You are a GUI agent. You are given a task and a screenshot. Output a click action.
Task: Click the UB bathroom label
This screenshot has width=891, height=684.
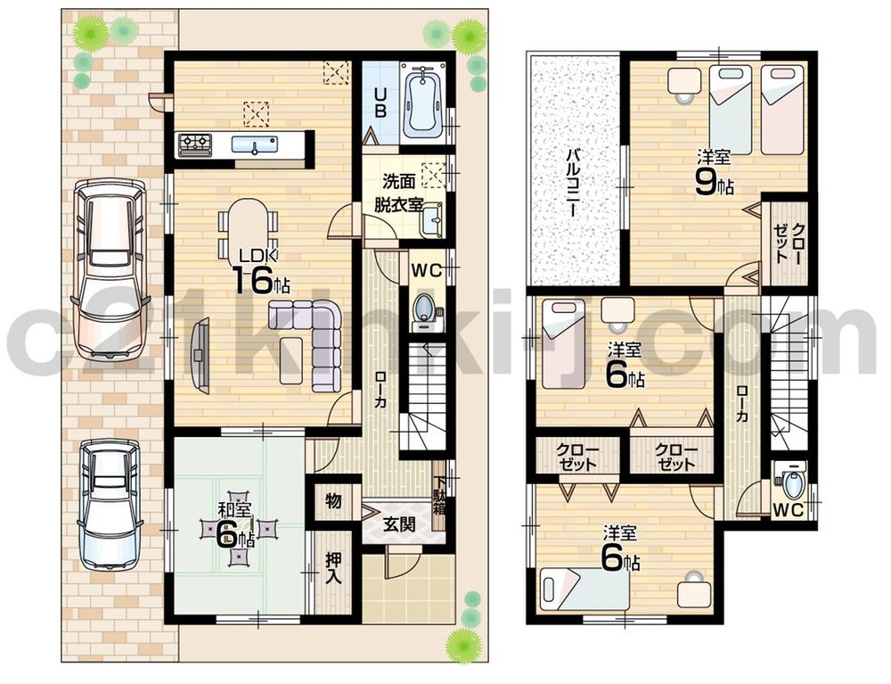click(380, 96)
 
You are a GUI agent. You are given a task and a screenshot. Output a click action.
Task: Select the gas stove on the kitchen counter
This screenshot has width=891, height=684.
click(195, 144)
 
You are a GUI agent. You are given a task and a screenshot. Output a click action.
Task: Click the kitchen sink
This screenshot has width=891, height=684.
click(255, 144)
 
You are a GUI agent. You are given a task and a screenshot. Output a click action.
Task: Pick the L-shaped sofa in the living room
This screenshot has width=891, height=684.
click(312, 342)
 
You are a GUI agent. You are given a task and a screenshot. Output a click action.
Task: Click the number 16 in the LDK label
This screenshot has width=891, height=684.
click(252, 281)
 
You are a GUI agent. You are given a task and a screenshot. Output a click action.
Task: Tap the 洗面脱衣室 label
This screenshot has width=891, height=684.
click(391, 194)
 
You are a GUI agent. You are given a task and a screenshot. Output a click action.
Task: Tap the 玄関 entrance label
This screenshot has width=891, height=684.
click(398, 524)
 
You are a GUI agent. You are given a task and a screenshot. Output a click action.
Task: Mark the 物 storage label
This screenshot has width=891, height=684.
click(333, 501)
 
